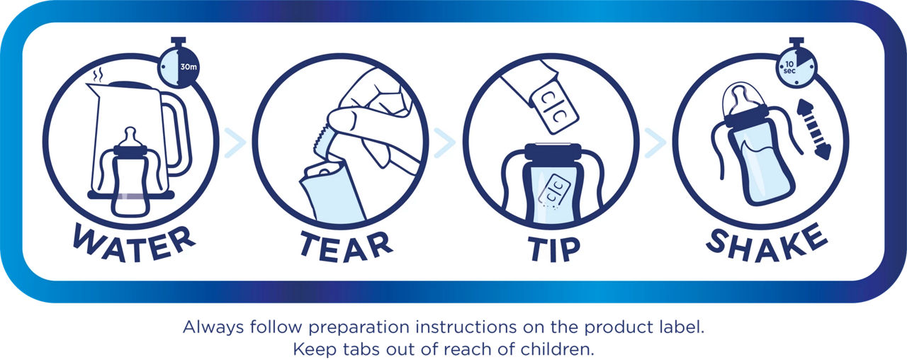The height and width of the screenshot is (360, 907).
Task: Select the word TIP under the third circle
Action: (x=554, y=249)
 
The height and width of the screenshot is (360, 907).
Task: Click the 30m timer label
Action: (x=188, y=67)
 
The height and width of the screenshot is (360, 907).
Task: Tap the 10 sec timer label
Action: (x=789, y=67)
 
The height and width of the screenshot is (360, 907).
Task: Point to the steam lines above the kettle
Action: (x=98, y=75)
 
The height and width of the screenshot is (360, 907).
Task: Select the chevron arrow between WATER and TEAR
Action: (x=235, y=142)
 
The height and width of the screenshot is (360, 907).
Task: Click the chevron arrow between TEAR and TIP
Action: (x=445, y=142)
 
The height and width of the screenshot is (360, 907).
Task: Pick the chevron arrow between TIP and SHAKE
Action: (x=655, y=142)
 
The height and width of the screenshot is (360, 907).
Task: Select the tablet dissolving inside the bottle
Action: (x=554, y=190)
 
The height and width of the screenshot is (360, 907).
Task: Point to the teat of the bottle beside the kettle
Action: (x=130, y=137)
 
